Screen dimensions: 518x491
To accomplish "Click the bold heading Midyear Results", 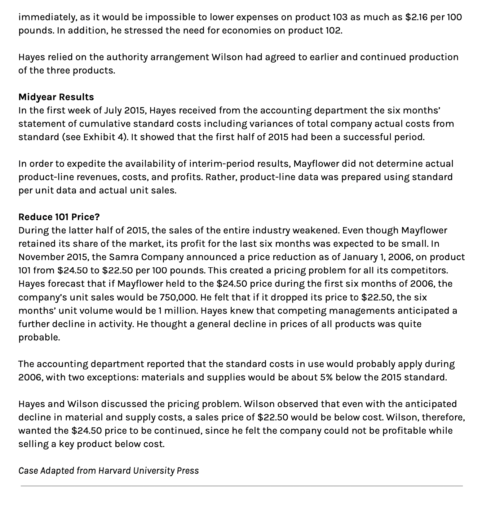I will (x=56, y=97).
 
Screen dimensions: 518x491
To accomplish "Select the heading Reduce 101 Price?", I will (x=59, y=217).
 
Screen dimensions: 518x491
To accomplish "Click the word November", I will (x=41, y=257).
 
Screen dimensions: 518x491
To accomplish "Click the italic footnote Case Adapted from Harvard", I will (x=109, y=470).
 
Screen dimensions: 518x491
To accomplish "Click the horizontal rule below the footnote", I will (x=242, y=486).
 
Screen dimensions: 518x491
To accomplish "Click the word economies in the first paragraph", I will (x=246, y=30).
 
